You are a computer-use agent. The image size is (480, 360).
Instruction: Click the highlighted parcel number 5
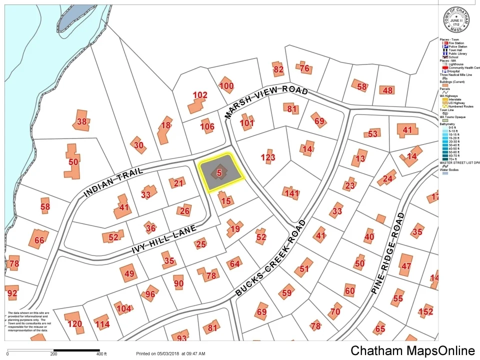point(219,173)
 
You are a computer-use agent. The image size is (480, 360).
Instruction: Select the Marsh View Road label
point(265,100)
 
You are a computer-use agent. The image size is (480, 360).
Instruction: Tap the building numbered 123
point(268,157)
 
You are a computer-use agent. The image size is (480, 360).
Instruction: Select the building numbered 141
point(291,193)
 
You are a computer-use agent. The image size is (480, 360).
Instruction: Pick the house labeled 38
point(81,121)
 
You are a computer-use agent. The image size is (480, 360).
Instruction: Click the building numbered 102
point(199,95)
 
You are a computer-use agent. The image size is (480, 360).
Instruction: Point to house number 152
point(425,312)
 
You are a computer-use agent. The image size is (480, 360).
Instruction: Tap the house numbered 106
point(207,126)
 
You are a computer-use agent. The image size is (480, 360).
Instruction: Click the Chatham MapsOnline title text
point(412,350)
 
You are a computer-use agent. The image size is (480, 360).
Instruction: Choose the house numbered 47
point(405,266)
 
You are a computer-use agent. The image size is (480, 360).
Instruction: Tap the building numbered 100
point(226,85)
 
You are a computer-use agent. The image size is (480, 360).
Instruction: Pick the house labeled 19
point(235,229)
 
